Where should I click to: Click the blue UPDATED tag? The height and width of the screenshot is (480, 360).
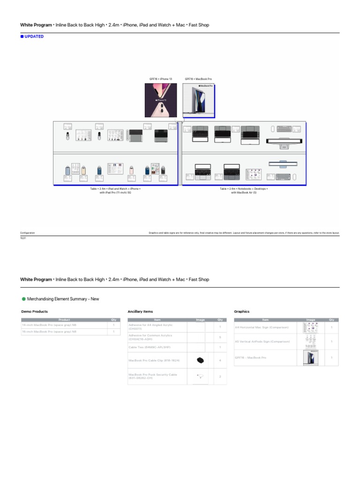coord(32,37)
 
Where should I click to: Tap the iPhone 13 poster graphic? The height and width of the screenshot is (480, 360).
coord(161,100)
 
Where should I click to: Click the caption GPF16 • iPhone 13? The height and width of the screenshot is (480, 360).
coord(161,79)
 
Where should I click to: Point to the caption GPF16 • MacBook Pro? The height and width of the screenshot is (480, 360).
coord(198,79)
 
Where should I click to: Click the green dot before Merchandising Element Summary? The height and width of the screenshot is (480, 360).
coord(23,299)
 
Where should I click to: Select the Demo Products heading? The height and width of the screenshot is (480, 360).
coord(34,311)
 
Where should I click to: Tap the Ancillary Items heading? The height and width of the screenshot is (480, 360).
coord(140,311)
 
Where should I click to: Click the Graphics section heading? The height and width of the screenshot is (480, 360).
coord(241,311)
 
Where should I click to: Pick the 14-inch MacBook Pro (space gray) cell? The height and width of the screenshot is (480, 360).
coord(49,325)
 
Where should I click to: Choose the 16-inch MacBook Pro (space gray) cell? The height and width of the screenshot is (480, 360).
coord(49,331)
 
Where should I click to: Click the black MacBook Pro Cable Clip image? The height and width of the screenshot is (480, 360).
coord(200,360)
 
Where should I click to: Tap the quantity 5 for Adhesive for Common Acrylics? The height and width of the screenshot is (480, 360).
coord(220,337)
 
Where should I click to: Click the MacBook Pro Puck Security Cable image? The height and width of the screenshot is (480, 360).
coord(200,376)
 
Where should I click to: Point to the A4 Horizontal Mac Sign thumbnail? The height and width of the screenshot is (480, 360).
coord(310,328)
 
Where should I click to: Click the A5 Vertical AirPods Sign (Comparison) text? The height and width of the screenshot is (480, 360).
coord(262,342)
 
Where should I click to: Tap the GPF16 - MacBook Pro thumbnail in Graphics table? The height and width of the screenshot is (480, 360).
coord(310,358)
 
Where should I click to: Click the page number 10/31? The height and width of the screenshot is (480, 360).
coord(23,238)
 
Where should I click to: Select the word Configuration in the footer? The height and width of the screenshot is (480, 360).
coord(27,232)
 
